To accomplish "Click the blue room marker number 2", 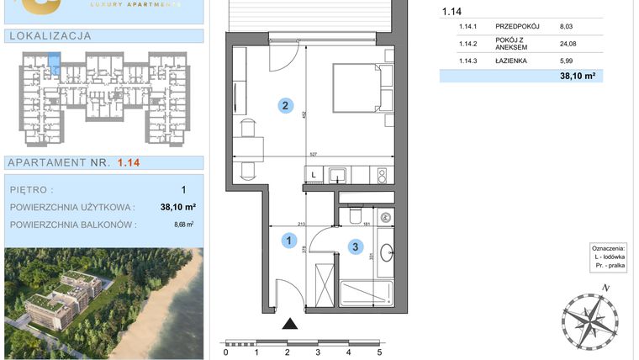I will pyautogui.click(x=286, y=106).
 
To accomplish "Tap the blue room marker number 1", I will pyautogui.click(x=288, y=241).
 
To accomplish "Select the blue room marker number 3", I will pyautogui.click(x=356, y=247).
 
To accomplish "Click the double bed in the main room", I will pyautogui.click(x=358, y=87).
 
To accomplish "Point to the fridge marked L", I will pyautogui.click(x=313, y=175).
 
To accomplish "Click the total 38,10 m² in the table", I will pyautogui.click(x=578, y=76).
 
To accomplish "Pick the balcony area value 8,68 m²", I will pyautogui.click(x=183, y=225).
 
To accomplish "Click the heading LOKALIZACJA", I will pyautogui.click(x=48, y=36).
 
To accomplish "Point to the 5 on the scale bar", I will pyautogui.click(x=379, y=353).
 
